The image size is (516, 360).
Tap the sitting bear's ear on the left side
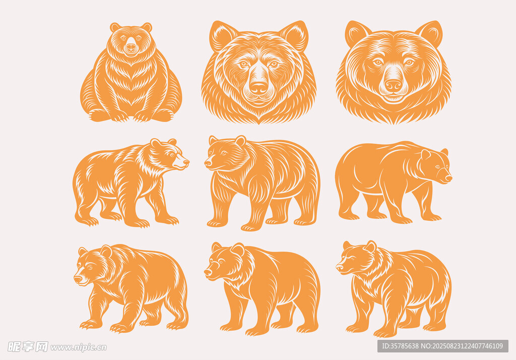coord(115,27)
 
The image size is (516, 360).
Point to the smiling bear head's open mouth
coord(393,98)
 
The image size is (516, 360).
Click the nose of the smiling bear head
coord(393,86)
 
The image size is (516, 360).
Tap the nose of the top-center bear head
coord(259,88)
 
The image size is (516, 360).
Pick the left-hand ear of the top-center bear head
coord(222,35)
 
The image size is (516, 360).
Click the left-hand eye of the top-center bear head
coord(243,64)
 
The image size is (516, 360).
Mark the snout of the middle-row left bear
coord(181,162)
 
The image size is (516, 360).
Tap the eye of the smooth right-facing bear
coord(438,167)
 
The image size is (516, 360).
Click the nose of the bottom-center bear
coord(208,272)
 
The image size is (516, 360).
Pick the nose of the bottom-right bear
coord(339,268)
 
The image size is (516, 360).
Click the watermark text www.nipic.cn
coord(79,347)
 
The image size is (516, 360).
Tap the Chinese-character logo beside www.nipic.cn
coord(28,347)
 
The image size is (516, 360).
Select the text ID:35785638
coord(400,346)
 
